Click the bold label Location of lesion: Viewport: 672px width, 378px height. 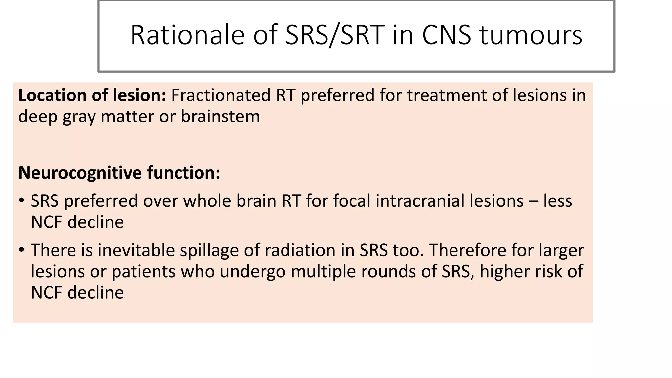92,95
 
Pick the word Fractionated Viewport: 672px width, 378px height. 220,95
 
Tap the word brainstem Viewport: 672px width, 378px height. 220,116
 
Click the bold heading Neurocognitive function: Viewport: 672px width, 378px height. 119,173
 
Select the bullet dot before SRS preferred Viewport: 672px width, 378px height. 22,200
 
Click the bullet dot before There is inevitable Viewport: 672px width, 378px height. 22,250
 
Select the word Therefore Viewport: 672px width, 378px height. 467,250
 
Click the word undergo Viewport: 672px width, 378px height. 252,272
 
